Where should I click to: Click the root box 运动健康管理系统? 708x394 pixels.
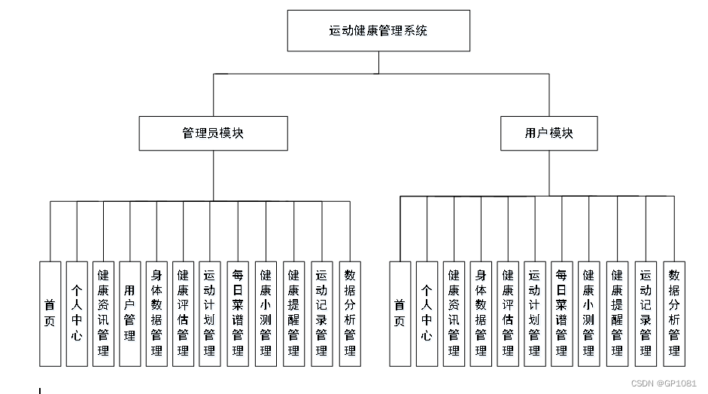click(x=378, y=31)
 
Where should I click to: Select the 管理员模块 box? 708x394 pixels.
click(x=213, y=133)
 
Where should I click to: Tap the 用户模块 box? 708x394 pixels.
click(x=548, y=133)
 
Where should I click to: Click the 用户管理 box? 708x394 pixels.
click(x=130, y=313)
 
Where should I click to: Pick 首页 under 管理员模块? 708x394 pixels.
click(x=50, y=313)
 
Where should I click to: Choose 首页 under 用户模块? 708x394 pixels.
click(x=400, y=313)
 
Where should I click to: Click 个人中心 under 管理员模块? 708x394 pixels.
click(x=77, y=313)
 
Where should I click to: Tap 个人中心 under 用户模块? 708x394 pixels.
click(x=427, y=313)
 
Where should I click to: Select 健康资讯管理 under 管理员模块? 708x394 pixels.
click(x=103, y=313)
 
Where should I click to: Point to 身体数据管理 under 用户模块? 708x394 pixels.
click(x=481, y=313)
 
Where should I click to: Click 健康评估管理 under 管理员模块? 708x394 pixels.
click(x=183, y=313)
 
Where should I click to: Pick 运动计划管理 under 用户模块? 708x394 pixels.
click(x=535, y=313)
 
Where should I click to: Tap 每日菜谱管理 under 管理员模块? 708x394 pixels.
click(x=238, y=313)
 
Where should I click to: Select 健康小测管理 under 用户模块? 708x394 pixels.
click(x=588, y=313)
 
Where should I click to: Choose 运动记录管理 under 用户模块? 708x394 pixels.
click(x=646, y=313)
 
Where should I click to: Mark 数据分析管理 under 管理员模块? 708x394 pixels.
click(x=349, y=313)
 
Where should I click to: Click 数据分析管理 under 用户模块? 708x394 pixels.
click(x=674, y=313)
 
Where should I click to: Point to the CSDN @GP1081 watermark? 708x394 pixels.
click(x=664, y=383)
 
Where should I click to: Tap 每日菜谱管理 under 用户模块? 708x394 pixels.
click(x=561, y=313)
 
